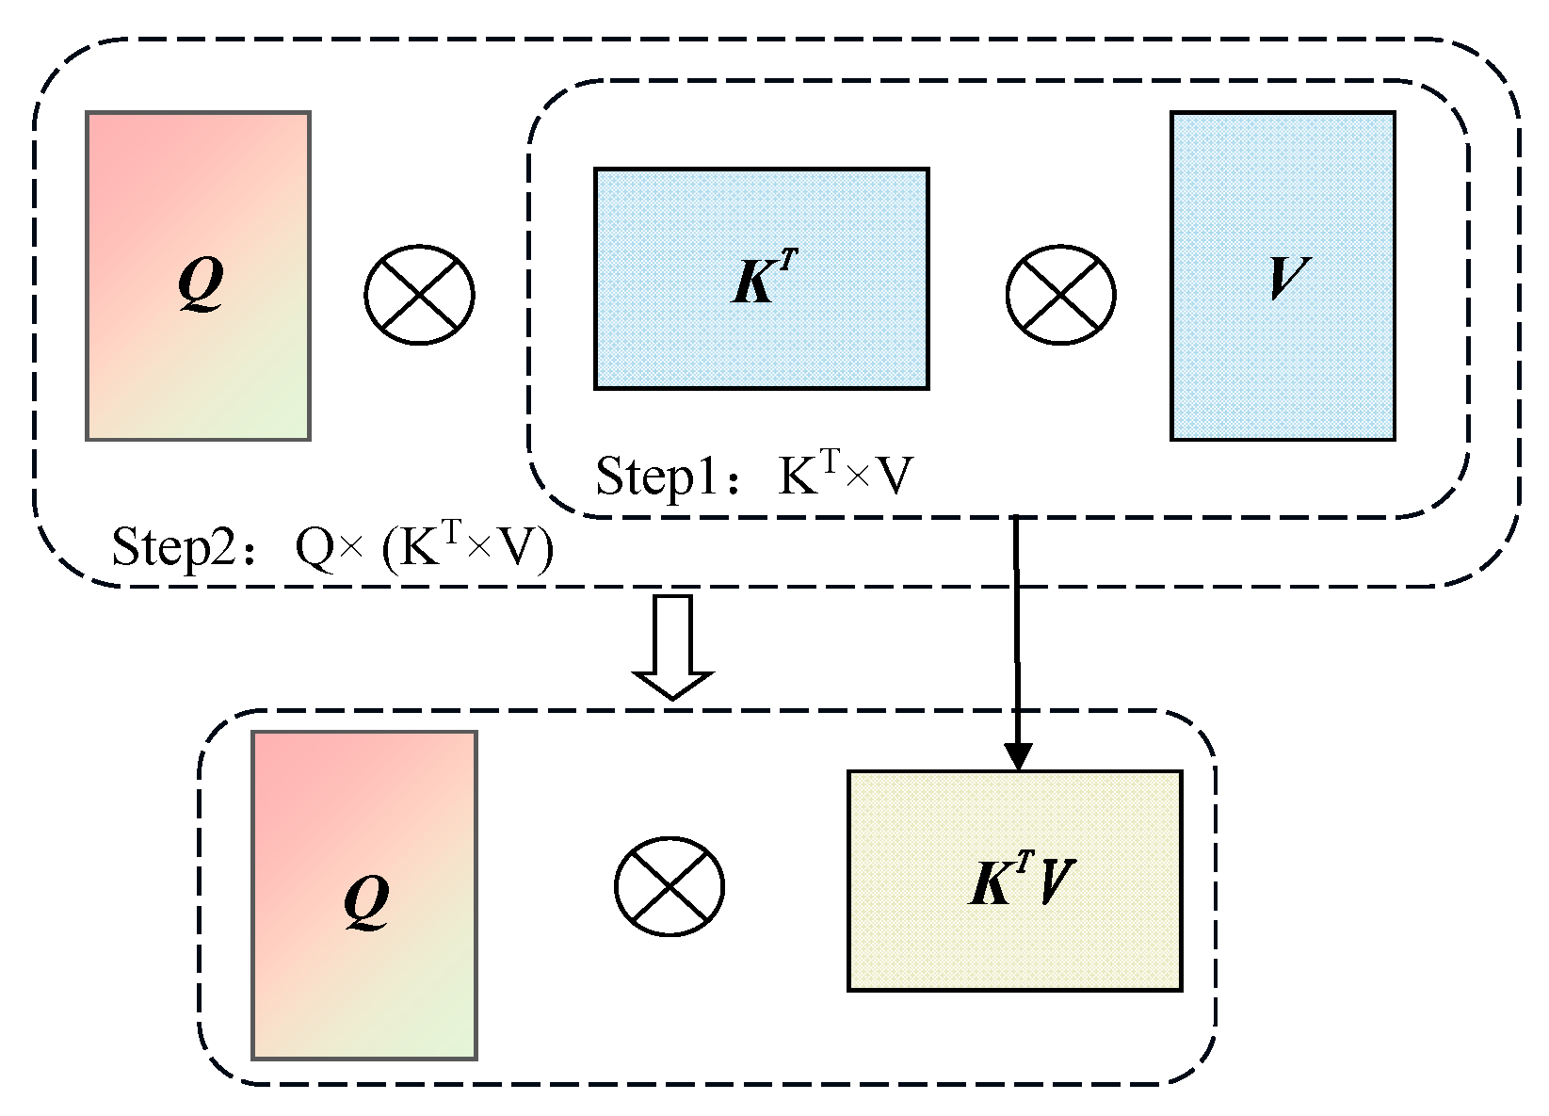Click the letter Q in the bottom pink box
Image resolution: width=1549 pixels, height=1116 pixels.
click(x=366, y=901)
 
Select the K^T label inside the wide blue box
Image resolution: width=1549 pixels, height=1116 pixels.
click(x=762, y=279)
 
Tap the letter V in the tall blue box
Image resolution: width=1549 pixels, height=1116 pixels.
click(x=1285, y=277)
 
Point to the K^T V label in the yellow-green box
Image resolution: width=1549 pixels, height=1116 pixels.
click(x=1020, y=881)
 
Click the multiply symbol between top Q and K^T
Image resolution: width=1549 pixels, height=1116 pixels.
click(x=419, y=295)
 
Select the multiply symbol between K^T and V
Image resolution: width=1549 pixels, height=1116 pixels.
click(x=1060, y=295)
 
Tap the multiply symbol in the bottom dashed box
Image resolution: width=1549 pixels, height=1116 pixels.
click(x=670, y=885)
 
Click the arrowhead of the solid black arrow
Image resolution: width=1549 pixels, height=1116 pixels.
click(x=1018, y=755)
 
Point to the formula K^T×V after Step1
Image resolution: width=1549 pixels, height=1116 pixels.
click(x=845, y=475)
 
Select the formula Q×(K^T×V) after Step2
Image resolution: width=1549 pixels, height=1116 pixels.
click(x=424, y=546)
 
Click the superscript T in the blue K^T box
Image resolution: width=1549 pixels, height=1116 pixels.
click(x=788, y=263)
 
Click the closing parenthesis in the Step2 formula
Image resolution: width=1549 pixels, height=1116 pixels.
click(x=544, y=549)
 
